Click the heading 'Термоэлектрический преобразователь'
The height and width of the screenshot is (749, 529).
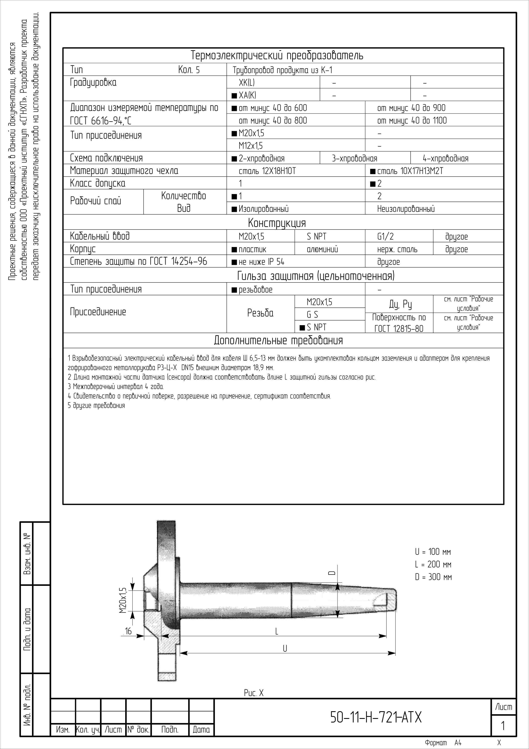(277, 56)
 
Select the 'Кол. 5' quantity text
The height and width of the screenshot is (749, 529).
(189, 69)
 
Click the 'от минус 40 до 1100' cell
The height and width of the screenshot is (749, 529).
(412, 121)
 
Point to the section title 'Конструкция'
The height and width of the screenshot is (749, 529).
(277, 223)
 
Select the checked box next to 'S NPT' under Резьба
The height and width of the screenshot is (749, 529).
(302, 327)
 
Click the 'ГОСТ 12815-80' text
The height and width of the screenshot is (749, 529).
(399, 329)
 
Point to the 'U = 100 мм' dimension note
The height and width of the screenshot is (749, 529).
(433, 552)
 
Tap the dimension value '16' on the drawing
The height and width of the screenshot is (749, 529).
(128, 631)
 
